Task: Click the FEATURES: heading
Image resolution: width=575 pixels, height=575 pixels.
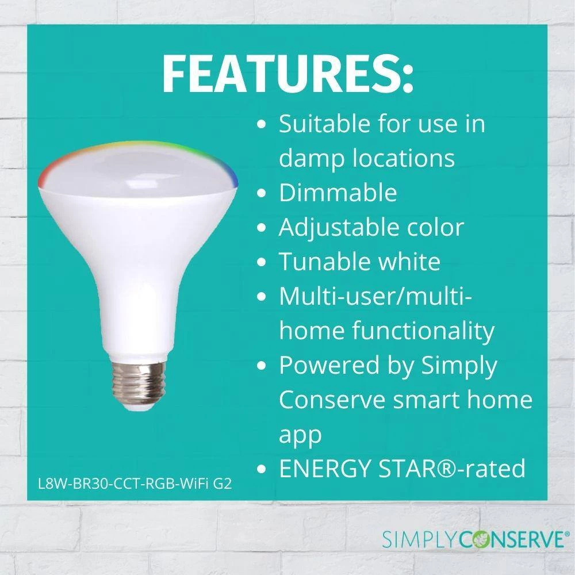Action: click(288, 74)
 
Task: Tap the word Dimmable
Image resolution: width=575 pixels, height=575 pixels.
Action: click(338, 192)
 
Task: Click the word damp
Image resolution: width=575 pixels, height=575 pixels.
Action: click(311, 158)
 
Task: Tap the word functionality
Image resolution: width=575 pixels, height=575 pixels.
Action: click(423, 331)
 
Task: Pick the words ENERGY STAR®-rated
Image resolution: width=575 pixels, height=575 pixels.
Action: click(402, 468)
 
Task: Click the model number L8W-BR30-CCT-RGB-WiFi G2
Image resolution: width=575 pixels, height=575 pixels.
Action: click(135, 484)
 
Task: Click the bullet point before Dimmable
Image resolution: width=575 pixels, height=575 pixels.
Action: click(262, 193)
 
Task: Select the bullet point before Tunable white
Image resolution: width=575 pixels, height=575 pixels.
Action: click(262, 262)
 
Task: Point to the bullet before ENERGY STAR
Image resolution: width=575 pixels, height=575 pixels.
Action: click(262, 469)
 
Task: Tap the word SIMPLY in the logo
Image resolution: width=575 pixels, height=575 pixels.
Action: click(419, 540)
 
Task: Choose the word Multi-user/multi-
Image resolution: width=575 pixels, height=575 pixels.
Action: click(375, 296)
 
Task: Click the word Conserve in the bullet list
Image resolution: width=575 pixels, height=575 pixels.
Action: click(332, 400)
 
